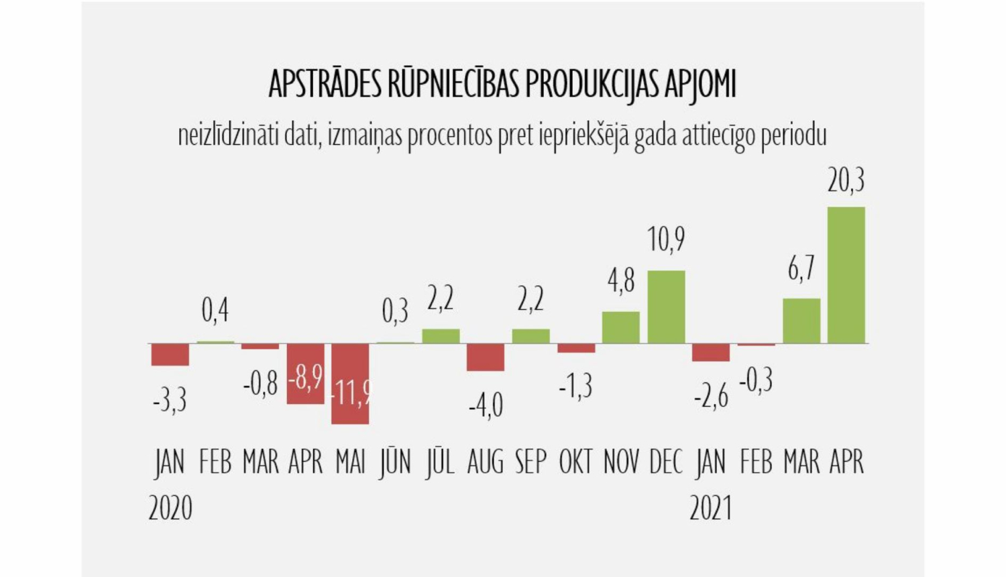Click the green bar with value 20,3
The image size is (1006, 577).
(x=846, y=275)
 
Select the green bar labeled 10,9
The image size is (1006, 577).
(x=666, y=307)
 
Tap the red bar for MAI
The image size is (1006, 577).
(x=350, y=383)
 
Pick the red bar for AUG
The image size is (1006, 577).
(x=486, y=357)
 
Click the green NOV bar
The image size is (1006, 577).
(x=621, y=327)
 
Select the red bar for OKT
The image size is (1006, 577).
(x=576, y=348)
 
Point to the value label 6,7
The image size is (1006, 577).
(x=801, y=268)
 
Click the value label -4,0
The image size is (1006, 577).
(x=486, y=405)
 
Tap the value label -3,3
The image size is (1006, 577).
(x=170, y=401)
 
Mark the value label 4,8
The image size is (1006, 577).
(x=621, y=281)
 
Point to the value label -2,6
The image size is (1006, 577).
(x=711, y=397)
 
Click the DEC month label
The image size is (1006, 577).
(x=666, y=462)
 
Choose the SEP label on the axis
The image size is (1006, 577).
(x=530, y=462)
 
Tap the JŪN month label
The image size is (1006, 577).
(x=395, y=462)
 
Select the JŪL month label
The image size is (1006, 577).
(x=440, y=462)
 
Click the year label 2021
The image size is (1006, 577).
(x=711, y=508)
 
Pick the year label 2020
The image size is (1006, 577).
(x=170, y=508)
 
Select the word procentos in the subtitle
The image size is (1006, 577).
(x=451, y=136)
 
